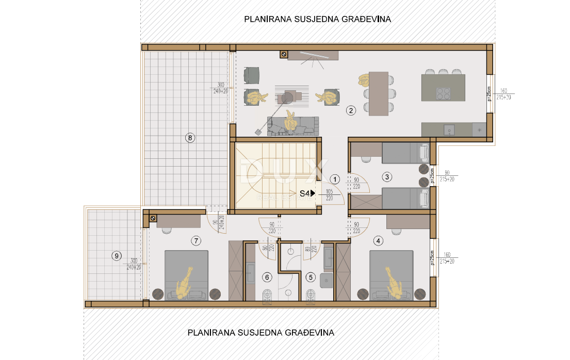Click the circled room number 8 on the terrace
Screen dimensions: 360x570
[x=190, y=138]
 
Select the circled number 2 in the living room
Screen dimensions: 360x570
[x=350, y=110]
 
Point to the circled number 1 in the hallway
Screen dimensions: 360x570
[x=335, y=179]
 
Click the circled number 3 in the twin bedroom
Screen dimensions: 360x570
[x=387, y=176]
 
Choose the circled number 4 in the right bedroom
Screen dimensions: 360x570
[x=379, y=240]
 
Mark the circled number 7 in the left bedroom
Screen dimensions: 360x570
[x=195, y=240]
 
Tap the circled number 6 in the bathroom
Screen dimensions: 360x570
[x=267, y=277]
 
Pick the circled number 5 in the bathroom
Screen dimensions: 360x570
[x=310, y=277]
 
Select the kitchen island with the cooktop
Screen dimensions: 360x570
[x=443, y=87]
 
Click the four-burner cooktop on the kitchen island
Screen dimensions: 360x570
[x=444, y=93]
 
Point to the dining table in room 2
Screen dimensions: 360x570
[x=379, y=93]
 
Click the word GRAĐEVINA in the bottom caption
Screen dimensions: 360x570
[x=308, y=333]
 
